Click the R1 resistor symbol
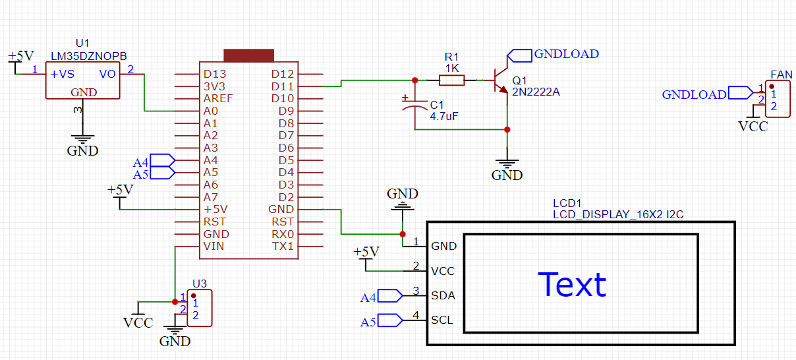451,80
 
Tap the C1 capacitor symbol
414,105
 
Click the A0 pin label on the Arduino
210,111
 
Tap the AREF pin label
217,98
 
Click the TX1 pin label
283,247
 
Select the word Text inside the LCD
572,285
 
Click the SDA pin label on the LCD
443,295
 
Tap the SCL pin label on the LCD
442,320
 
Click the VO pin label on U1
107,74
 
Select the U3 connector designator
200,284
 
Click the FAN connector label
782,75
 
